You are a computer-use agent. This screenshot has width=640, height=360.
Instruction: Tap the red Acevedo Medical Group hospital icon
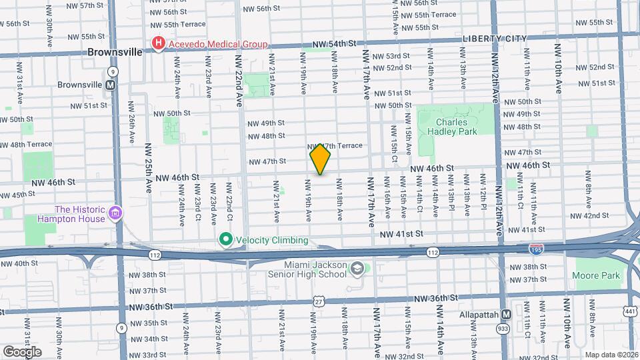click(158, 45)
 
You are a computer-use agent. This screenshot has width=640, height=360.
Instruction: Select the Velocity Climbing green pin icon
click(225, 239)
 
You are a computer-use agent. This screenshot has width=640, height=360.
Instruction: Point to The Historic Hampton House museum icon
click(116, 213)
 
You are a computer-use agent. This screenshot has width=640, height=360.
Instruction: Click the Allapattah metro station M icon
click(506, 314)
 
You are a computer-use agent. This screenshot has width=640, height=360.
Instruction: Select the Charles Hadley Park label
click(457, 127)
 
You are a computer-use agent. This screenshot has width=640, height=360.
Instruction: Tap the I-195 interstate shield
click(535, 248)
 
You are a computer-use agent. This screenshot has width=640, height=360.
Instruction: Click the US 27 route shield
click(319, 302)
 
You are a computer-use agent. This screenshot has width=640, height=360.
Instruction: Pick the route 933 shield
click(501, 329)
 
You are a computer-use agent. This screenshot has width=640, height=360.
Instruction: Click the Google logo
click(22, 351)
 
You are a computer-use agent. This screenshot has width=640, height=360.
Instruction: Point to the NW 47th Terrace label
click(335, 145)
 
